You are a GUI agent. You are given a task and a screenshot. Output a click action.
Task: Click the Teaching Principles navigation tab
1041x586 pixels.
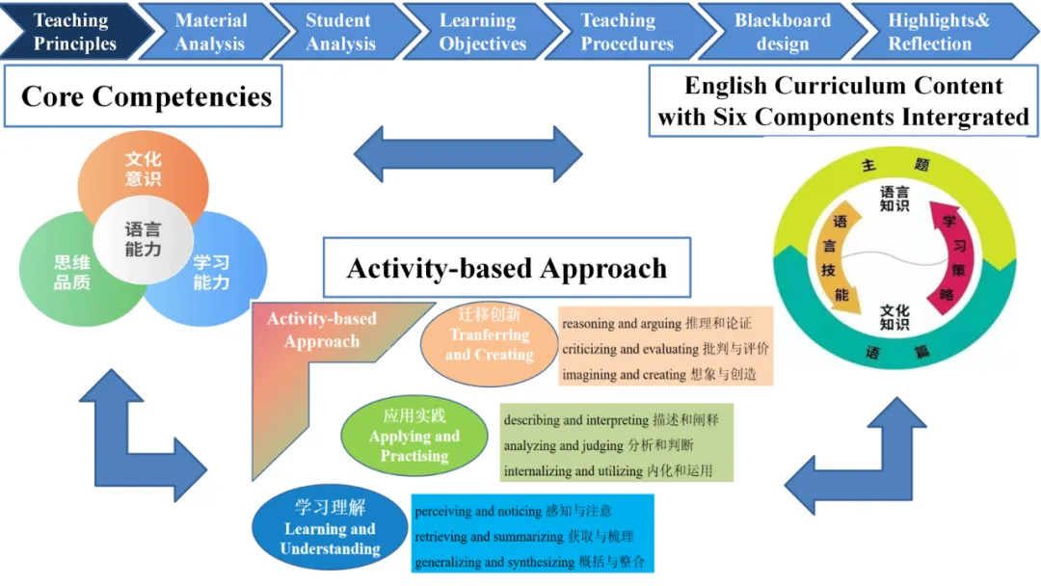[x=74, y=31]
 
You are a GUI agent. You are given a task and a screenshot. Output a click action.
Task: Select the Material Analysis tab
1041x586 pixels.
[x=211, y=31]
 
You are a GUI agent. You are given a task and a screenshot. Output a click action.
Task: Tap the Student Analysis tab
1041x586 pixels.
[x=341, y=31]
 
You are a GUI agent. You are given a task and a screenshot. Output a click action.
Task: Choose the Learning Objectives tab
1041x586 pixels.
[x=481, y=31]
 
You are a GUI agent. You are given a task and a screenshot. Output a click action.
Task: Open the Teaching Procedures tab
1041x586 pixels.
[x=627, y=31]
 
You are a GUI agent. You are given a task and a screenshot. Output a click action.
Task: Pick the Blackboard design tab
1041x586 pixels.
[x=782, y=31]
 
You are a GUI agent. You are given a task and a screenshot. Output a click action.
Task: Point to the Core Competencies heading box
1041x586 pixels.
[x=144, y=96]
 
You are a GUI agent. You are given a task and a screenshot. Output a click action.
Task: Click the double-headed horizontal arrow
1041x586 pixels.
[x=468, y=154]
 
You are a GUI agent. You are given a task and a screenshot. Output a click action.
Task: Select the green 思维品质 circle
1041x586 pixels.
[x=67, y=272]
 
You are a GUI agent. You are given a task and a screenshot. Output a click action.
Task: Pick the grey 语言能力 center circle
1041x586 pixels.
[x=143, y=240]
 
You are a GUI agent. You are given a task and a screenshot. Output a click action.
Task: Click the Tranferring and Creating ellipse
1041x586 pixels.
[x=490, y=344]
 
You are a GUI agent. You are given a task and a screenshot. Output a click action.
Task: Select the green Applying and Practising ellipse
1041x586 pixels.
[x=414, y=436]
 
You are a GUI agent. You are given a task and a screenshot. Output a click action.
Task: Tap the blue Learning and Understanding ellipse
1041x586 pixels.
[x=330, y=527]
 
